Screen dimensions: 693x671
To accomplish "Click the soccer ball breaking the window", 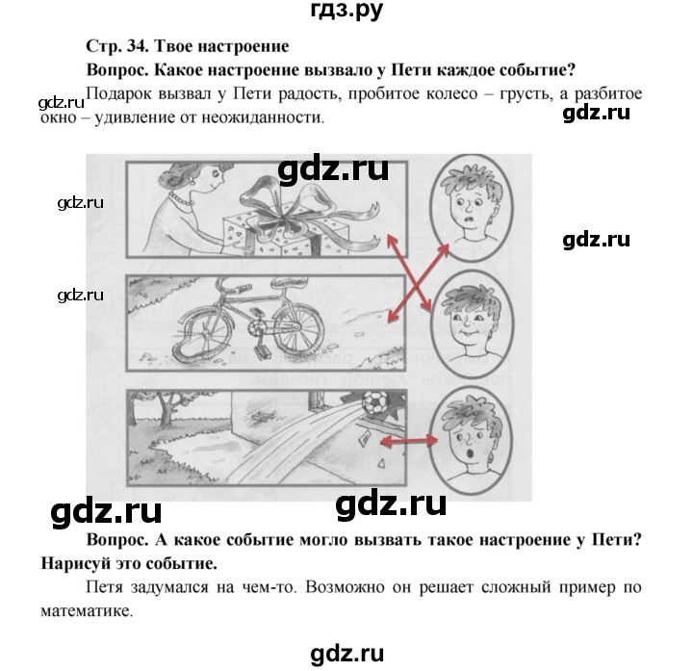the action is [374, 403].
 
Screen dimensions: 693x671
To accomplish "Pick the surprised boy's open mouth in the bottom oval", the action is [471, 453].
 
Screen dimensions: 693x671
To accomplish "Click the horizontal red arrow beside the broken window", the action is [409, 440].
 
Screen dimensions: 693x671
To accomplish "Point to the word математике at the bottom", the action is [87, 611].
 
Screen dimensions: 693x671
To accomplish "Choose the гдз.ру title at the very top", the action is [346, 10].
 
